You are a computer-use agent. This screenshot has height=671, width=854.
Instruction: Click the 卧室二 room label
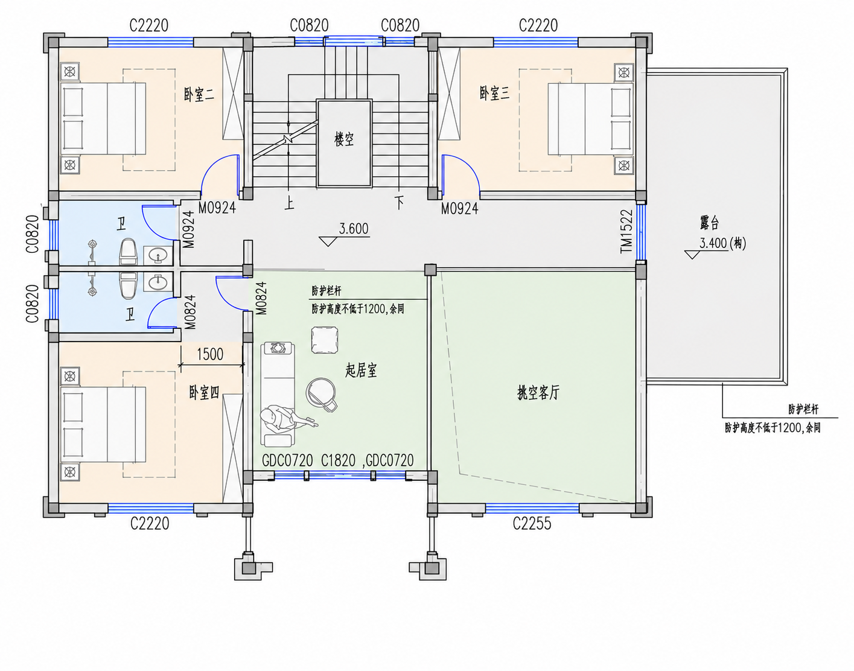199,94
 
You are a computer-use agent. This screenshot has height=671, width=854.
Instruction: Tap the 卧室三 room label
494,93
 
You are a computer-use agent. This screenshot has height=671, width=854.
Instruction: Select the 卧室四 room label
204,392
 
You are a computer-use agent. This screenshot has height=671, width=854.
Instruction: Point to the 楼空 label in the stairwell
344,139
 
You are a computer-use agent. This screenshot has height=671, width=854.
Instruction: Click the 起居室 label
361,370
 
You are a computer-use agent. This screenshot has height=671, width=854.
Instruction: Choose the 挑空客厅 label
538,392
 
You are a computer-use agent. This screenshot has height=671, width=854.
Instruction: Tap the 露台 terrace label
709,222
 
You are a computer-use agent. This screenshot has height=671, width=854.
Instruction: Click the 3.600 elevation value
354,229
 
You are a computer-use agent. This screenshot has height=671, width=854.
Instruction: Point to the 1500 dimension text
210,354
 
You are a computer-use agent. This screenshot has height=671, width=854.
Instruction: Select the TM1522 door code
626,231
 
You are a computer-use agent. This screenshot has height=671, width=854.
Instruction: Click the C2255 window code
532,524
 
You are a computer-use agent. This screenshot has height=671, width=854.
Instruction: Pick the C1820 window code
338,460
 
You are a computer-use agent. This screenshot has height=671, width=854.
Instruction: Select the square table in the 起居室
324,340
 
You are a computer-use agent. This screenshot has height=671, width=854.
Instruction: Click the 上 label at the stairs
289,203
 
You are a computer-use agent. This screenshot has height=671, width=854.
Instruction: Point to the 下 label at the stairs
400,203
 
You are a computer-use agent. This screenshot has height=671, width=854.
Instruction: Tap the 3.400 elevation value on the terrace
713,243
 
